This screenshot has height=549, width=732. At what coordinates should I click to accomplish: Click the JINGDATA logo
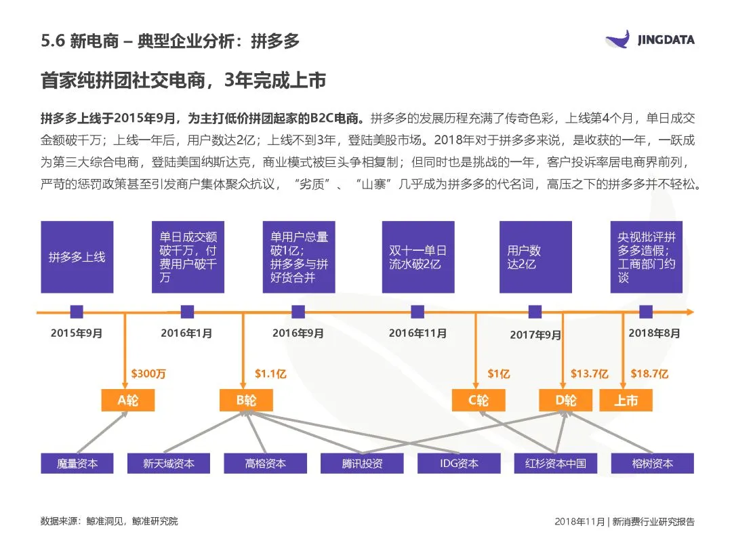tap(649, 39)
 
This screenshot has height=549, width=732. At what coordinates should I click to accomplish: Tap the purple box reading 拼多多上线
tap(77, 257)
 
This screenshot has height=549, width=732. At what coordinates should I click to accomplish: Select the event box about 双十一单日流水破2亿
tap(418, 257)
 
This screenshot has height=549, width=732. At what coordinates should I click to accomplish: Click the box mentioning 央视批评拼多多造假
tap(646, 257)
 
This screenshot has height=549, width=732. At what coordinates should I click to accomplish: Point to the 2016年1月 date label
tap(186, 333)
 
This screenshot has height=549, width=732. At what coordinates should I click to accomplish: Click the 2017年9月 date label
tap(535, 335)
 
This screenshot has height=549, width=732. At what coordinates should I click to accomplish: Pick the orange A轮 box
tap(127, 400)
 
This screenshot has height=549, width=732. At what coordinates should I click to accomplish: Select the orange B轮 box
tap(246, 400)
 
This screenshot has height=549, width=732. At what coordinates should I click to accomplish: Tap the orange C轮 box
tap(479, 400)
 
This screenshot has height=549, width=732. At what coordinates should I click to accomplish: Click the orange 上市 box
tap(626, 400)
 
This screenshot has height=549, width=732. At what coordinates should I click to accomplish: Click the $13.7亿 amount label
tap(589, 373)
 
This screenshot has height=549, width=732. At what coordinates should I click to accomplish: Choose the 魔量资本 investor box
tap(77, 464)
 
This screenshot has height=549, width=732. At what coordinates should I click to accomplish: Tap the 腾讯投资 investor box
tap(362, 464)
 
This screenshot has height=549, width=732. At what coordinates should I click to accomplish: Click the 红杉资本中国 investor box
tap(555, 464)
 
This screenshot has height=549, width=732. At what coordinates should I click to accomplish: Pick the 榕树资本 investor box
tap(652, 464)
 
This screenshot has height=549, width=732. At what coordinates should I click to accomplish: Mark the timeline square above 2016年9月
tap(298, 312)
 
